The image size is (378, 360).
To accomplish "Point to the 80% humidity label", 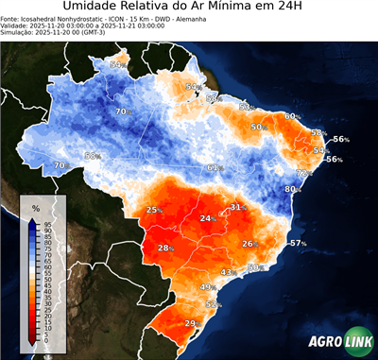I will pos(293,189).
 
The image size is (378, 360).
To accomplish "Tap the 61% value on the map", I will pos(215,168).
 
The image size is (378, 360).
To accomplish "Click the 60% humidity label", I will pos(292,116).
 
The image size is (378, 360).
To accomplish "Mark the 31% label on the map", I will pos(237,207).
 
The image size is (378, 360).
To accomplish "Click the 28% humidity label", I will pos(165,249).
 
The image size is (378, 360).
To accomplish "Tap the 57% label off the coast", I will pos(299,244).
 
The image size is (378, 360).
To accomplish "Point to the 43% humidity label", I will pos(227,272).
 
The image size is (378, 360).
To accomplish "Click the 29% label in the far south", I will pos(190,324).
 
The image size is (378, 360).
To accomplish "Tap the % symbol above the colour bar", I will pos(35,207).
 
